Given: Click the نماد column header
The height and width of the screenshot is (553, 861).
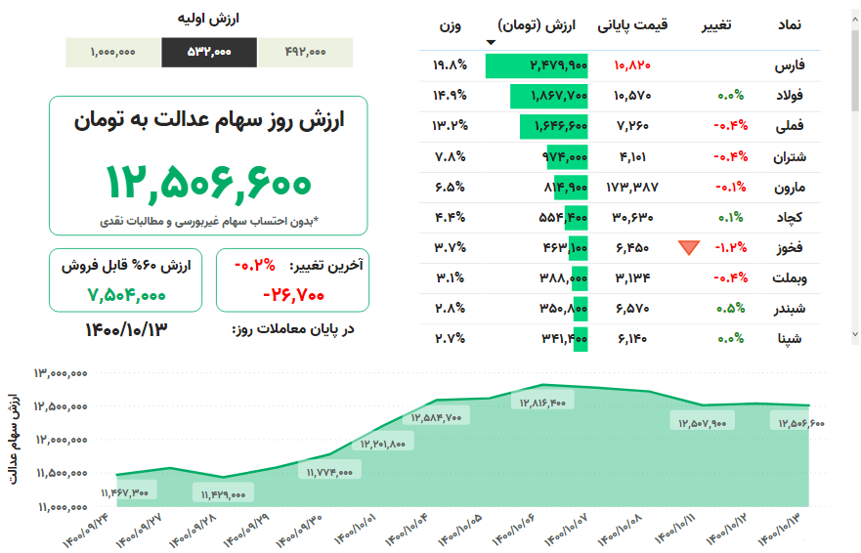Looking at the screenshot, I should coord(790,24).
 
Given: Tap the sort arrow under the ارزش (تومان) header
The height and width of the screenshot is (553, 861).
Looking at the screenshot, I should coord(491,42).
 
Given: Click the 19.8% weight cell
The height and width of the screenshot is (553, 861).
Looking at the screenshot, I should coord(449,65).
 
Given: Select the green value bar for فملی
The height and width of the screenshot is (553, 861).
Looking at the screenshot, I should coord(560,126).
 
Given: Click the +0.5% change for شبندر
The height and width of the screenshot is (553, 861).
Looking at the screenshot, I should coord(729,308).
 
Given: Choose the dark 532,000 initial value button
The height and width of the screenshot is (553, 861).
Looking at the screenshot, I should coord(209,53).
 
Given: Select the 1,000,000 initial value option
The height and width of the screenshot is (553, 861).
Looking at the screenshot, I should coord(113,53).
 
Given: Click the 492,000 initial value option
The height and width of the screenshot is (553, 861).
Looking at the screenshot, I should coord(305,53).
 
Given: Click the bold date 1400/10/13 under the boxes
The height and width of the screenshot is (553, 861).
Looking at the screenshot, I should coord(127,329).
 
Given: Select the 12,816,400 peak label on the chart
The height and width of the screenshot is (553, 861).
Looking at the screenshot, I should coord(542,402).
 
